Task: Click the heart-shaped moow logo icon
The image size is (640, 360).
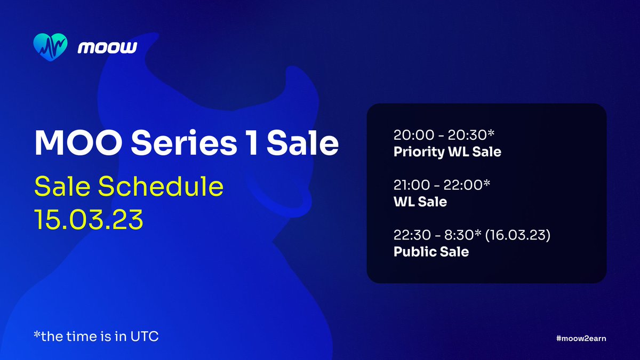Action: [50, 48]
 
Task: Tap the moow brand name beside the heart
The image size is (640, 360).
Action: [107, 48]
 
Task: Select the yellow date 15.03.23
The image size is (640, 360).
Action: [89, 219]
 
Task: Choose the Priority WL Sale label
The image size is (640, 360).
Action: [447, 152]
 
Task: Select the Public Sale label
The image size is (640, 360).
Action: [431, 252]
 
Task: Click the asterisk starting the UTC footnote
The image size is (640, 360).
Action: [36, 335]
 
